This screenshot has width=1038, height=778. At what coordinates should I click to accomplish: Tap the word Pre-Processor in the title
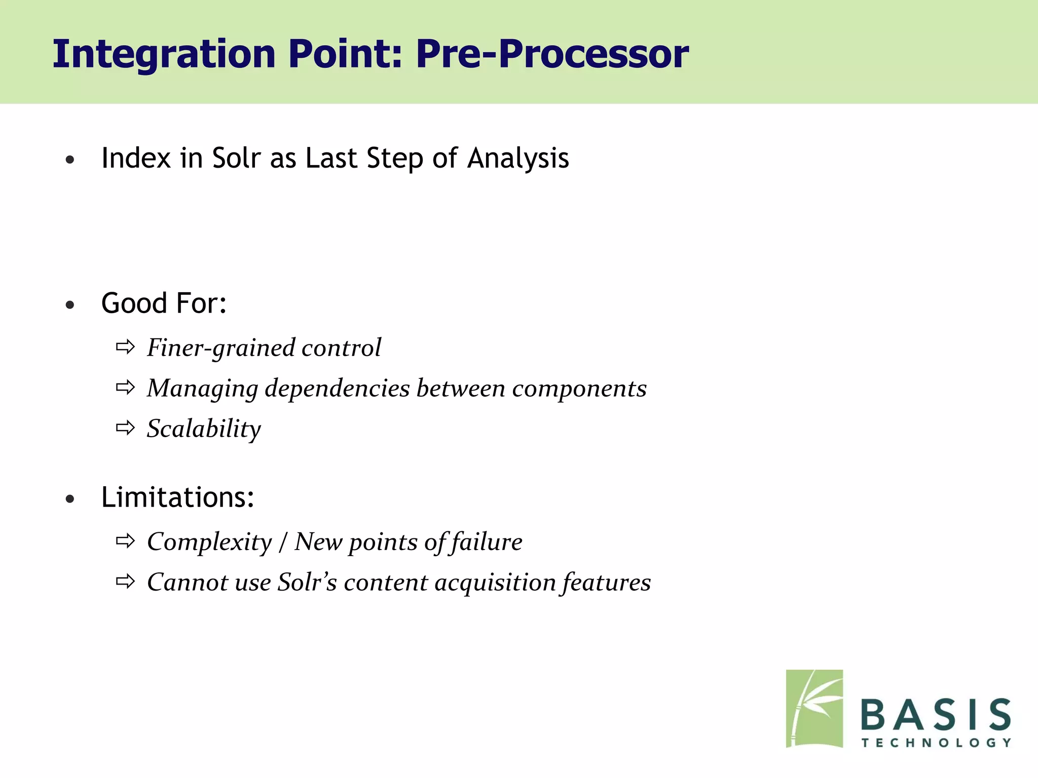coord(552,54)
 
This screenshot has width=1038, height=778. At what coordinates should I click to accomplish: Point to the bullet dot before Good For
coord(70,305)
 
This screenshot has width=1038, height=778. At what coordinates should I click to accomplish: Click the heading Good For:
coord(164,303)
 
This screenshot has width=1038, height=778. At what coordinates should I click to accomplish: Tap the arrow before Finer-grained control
coord(125,347)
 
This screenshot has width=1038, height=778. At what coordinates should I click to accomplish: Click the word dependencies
coord(337,388)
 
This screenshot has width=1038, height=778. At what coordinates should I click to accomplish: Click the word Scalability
coord(204,429)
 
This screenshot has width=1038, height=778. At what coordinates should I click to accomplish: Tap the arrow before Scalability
coord(125,429)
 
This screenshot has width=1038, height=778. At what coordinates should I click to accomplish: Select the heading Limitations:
coord(177,497)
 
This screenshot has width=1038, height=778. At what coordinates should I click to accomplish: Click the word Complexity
coord(209,542)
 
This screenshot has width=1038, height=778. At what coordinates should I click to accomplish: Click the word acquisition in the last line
coord(495,582)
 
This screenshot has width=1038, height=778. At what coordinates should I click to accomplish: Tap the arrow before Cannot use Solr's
coord(125,582)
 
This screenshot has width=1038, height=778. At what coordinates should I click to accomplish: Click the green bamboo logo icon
coord(814,709)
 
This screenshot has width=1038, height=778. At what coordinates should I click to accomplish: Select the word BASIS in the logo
coord(936,715)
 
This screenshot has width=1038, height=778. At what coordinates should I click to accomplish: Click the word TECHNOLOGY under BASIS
coord(936,743)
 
